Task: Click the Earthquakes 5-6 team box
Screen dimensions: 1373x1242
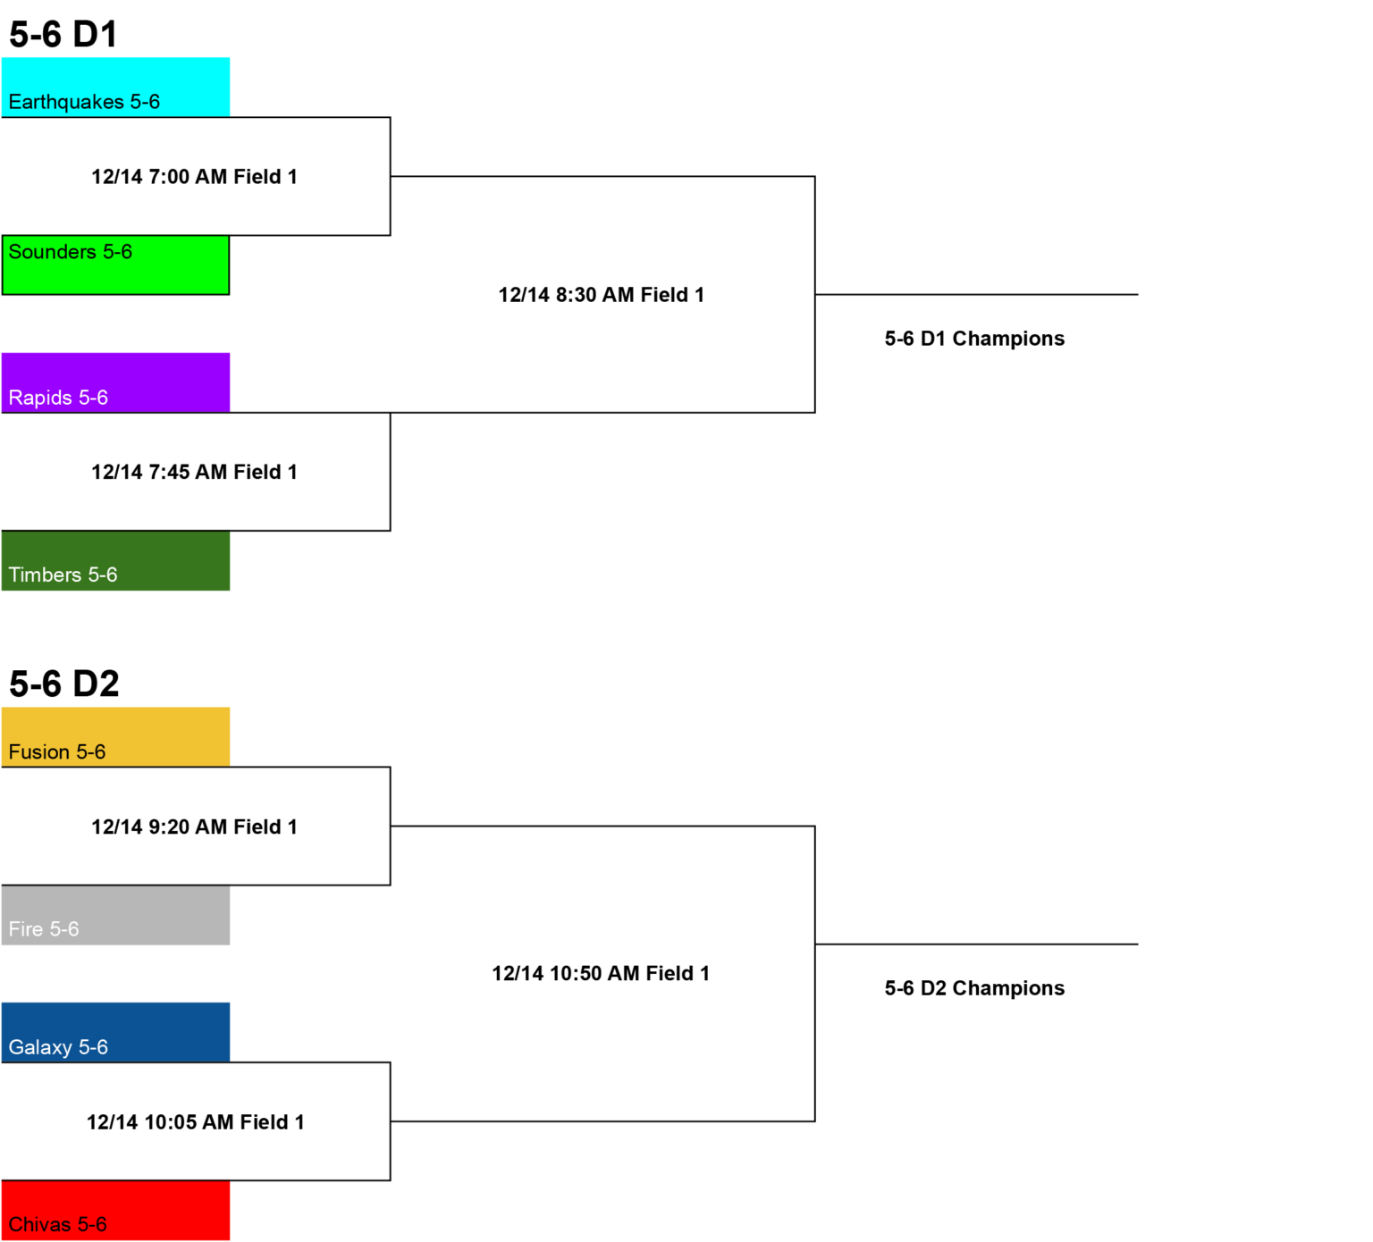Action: (x=115, y=87)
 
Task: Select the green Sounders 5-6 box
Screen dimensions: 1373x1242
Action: (x=115, y=264)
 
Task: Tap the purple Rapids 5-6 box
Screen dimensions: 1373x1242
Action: (x=115, y=382)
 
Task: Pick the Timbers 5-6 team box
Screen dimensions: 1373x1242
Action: (x=115, y=560)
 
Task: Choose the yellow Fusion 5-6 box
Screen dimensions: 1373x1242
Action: (x=115, y=737)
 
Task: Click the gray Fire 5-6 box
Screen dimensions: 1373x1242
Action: (x=115, y=915)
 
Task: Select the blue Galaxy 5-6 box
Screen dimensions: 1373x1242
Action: (x=115, y=1032)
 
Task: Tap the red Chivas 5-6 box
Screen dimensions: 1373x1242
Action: (x=115, y=1210)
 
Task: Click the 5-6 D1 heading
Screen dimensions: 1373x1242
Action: (x=63, y=35)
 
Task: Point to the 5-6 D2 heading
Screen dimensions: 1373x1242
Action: (x=64, y=684)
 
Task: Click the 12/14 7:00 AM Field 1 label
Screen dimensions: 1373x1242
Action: (x=194, y=177)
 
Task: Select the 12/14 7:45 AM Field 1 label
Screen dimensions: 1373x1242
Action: (x=194, y=472)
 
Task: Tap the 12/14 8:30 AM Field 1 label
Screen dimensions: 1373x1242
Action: (x=602, y=295)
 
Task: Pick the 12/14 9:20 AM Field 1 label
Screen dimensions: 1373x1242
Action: (x=194, y=827)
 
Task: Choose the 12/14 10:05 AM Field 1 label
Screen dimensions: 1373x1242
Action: (x=196, y=1122)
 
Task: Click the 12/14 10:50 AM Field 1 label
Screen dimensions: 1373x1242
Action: (x=601, y=974)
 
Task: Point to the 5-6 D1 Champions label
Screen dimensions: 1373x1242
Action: (x=974, y=339)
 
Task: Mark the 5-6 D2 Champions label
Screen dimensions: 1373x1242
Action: (x=974, y=988)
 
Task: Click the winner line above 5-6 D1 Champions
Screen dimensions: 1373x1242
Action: (x=976, y=294)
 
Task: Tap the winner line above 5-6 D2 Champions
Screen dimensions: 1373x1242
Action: (x=976, y=944)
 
